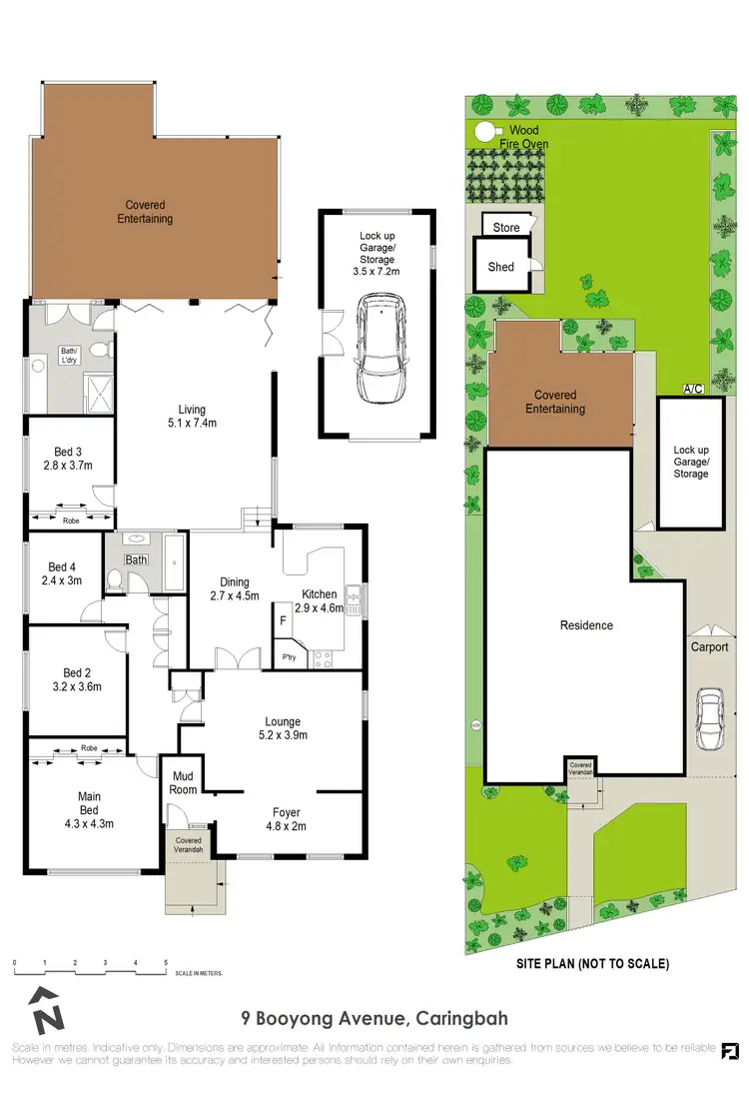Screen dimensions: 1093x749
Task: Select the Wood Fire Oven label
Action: click(x=523, y=138)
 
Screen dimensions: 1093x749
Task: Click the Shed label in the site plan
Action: click(x=500, y=267)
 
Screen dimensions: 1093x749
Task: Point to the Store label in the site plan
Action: click(x=506, y=228)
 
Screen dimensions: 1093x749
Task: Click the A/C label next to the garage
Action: click(x=691, y=388)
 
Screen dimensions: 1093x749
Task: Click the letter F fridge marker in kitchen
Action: click(x=284, y=621)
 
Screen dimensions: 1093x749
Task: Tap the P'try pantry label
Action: click(x=290, y=657)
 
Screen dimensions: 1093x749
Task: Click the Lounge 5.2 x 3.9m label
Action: click(x=283, y=728)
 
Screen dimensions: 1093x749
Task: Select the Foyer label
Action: click(x=287, y=812)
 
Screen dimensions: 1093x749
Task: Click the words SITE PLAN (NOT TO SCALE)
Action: click(x=592, y=964)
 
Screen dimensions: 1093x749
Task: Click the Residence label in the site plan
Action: click(x=586, y=625)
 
